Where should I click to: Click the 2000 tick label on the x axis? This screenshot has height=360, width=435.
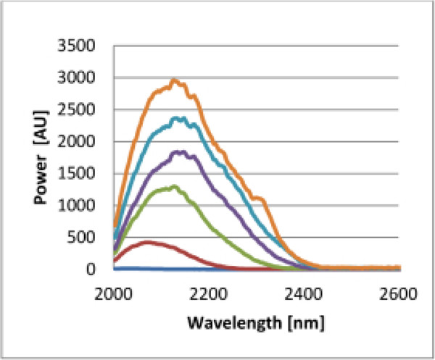point(114,295)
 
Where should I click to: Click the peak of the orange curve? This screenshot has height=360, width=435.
point(174,80)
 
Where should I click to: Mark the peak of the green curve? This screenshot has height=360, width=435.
point(174,187)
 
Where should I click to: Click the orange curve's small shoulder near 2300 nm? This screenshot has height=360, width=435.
point(257,198)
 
